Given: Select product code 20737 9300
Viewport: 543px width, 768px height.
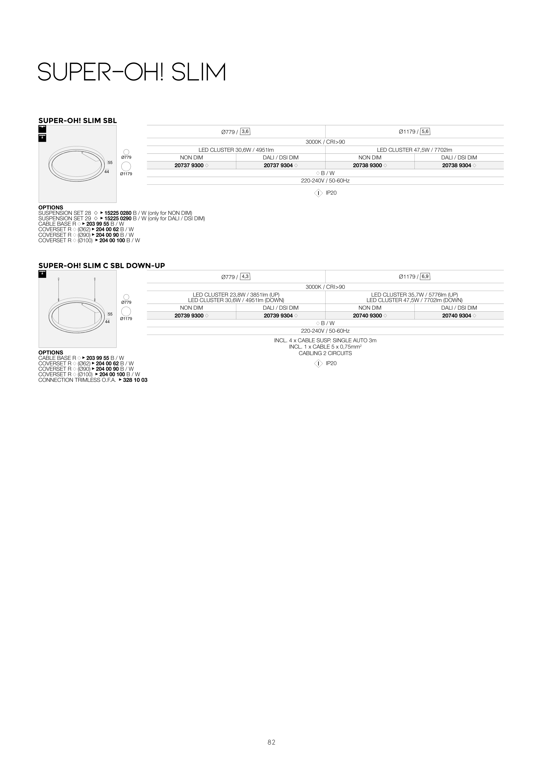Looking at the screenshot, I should point(189,165).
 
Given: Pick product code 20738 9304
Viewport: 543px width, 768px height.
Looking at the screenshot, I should point(456,165).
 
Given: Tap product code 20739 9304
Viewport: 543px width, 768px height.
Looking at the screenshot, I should point(278,316).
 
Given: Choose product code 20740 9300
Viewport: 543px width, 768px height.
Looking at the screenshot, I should point(367,316).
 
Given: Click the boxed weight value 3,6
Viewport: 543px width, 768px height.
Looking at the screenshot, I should point(245,132).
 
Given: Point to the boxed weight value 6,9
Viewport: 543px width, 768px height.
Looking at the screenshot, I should point(425,276).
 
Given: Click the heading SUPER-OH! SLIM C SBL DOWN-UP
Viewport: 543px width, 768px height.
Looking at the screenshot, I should point(102,265).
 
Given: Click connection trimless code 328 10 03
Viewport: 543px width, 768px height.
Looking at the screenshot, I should point(135,380).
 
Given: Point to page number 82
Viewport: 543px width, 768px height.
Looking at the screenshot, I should point(271,742).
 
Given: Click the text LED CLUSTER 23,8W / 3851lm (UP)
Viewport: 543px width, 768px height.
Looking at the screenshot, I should point(236,295).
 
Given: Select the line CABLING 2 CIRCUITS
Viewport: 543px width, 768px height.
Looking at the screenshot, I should point(325,353).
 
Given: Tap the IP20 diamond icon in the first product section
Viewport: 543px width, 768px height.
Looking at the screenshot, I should point(318,193).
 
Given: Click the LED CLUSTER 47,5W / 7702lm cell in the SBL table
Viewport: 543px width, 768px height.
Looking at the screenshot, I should point(414,150).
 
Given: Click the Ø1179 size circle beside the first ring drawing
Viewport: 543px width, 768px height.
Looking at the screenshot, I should point(126,166).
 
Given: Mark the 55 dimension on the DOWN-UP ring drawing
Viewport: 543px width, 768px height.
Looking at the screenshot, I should point(110,314).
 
